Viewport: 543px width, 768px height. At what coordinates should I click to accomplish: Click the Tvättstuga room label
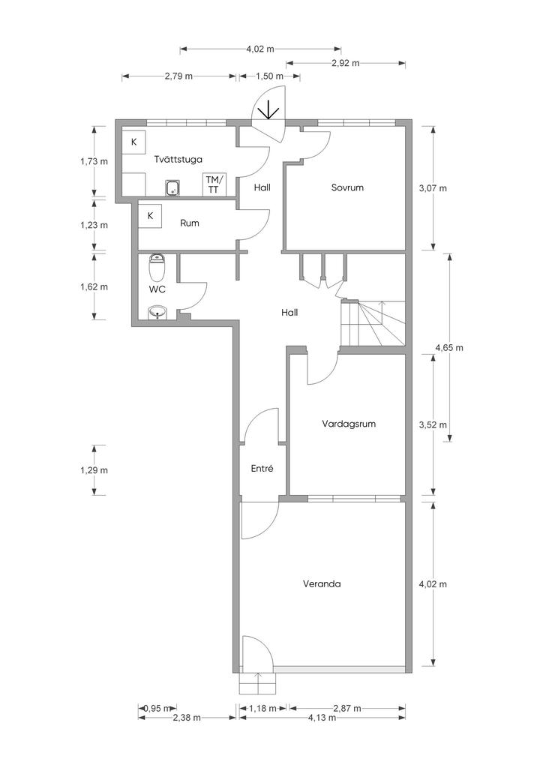click(x=178, y=159)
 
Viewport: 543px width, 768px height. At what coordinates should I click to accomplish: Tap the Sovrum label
click(x=347, y=187)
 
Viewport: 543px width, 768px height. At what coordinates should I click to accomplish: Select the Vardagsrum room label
click(x=349, y=424)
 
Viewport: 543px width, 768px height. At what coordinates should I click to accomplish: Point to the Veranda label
click(x=322, y=583)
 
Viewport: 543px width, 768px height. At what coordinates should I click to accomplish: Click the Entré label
click(x=262, y=469)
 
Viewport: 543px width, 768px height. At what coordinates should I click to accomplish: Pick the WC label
click(x=157, y=289)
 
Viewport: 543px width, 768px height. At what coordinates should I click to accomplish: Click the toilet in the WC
click(x=157, y=266)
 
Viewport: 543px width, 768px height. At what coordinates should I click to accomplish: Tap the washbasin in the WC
click(x=157, y=312)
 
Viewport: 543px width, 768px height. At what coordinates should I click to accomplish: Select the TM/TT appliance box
click(x=214, y=185)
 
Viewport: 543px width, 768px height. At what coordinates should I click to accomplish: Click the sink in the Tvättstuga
click(x=172, y=188)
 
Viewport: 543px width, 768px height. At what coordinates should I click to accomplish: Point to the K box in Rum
click(x=151, y=215)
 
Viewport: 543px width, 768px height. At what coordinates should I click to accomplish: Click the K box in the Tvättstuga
click(x=133, y=142)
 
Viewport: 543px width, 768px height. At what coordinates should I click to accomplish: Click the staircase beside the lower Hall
click(x=373, y=322)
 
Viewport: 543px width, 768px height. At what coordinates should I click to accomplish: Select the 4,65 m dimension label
click(x=449, y=348)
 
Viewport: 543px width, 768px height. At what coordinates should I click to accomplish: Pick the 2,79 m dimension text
click(x=178, y=76)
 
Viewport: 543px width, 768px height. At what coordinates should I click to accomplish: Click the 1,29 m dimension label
click(x=94, y=470)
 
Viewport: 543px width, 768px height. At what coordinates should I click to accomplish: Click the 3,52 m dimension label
click(x=433, y=424)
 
